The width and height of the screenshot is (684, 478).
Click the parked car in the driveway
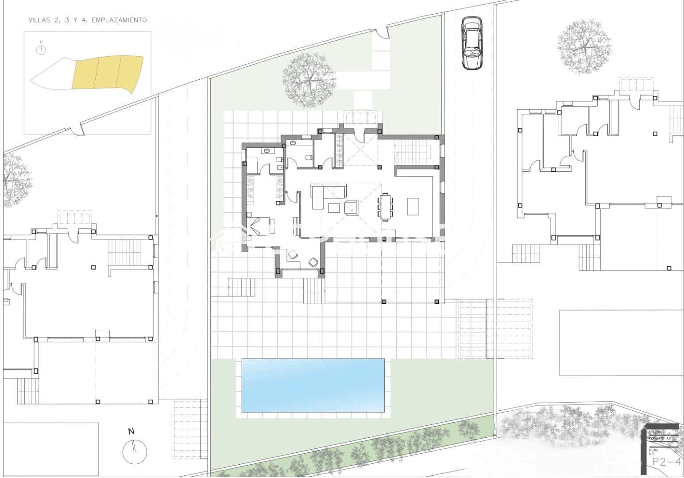click(471, 43)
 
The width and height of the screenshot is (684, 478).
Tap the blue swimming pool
click(313, 385)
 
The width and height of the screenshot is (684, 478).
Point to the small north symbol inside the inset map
click(41, 50)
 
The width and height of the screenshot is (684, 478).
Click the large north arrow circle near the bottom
click(135, 452)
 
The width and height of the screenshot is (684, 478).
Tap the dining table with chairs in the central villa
click(385, 206)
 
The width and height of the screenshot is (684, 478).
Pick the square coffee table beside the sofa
click(334, 208)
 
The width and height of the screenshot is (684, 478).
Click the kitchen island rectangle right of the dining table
click(413, 206)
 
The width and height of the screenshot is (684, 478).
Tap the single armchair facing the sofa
click(352, 207)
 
